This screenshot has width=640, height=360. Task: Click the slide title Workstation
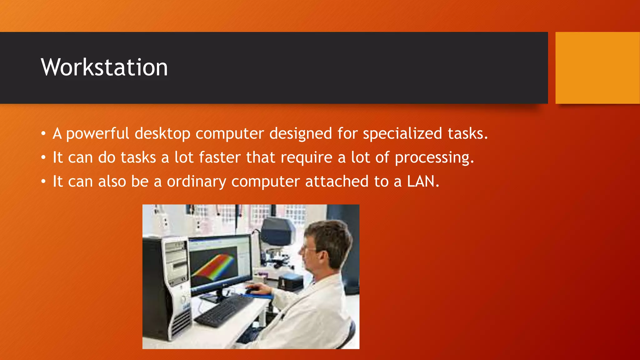pyautogui.click(x=104, y=67)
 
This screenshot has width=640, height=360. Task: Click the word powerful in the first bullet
pyautogui.click(x=97, y=134)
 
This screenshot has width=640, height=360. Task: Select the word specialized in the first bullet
pyautogui.click(x=402, y=134)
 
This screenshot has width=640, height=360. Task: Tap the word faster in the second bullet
pyautogui.click(x=220, y=157)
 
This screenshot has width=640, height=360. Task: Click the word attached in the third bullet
pyautogui.click(x=337, y=181)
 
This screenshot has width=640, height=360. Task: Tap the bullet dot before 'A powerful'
pyautogui.click(x=43, y=134)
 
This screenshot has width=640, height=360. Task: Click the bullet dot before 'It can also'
pyautogui.click(x=43, y=182)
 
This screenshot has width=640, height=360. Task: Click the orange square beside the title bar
pyautogui.click(x=597, y=67)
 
